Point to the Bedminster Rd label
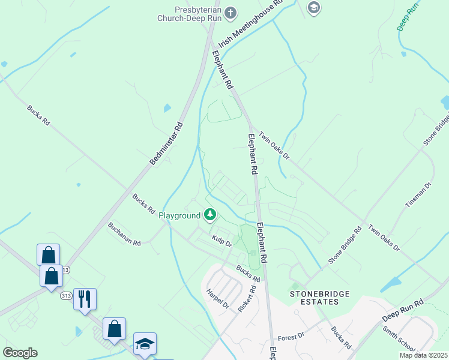tap(166, 143)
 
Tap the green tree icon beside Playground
tap(209, 214)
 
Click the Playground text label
tap(179, 216)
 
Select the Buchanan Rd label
tap(124, 235)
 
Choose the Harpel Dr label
tap(217, 298)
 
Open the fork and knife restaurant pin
tap(85, 298)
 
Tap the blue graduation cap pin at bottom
tap(145, 343)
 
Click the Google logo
tap(20, 353)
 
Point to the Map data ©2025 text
tap(423, 355)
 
